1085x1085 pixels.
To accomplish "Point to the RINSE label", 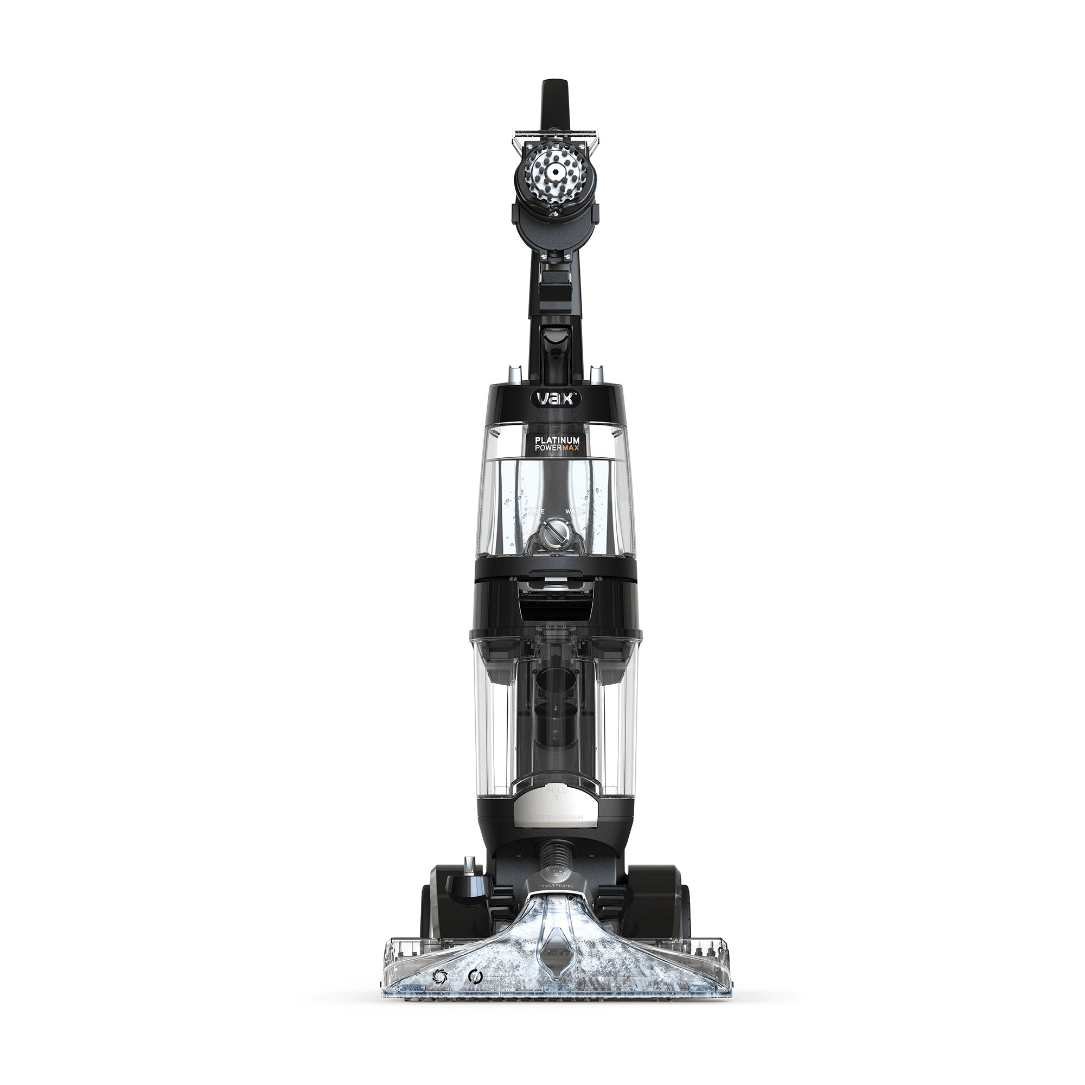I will pos(536,512).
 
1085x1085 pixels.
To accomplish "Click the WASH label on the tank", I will pos(573,512).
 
